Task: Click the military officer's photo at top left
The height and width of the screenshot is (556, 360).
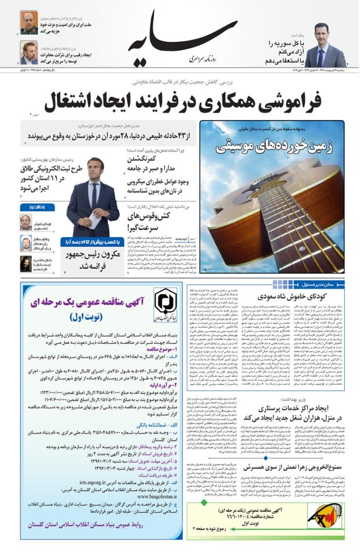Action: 29,23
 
